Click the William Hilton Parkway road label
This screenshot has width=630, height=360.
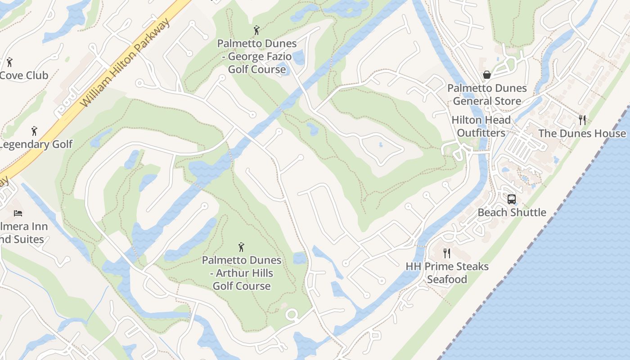(x=126, y=63)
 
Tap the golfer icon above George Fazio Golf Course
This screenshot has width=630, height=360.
(x=256, y=30)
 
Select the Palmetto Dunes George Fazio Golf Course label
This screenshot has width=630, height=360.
(x=257, y=56)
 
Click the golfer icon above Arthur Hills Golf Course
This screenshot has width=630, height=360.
(x=241, y=247)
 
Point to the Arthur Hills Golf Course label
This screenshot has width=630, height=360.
(x=242, y=273)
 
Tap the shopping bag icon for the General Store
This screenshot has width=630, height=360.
(x=486, y=75)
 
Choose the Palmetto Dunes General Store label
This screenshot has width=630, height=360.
(x=487, y=94)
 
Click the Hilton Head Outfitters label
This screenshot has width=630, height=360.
(x=481, y=126)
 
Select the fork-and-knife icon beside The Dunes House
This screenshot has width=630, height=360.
(x=582, y=120)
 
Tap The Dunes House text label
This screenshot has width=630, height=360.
(x=582, y=133)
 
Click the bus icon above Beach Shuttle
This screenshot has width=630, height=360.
(x=512, y=199)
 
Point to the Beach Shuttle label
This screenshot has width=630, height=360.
(x=512, y=212)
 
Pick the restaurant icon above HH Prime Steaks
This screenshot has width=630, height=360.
(x=446, y=253)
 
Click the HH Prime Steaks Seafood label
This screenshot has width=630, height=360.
(x=447, y=273)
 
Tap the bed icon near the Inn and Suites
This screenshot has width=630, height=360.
(x=18, y=213)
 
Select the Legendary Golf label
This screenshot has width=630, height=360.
(x=36, y=144)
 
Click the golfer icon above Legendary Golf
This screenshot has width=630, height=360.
(x=34, y=131)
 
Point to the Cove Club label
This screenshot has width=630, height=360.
(x=24, y=75)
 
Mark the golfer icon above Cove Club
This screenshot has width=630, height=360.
(x=9, y=62)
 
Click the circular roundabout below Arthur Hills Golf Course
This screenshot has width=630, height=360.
(x=292, y=315)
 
